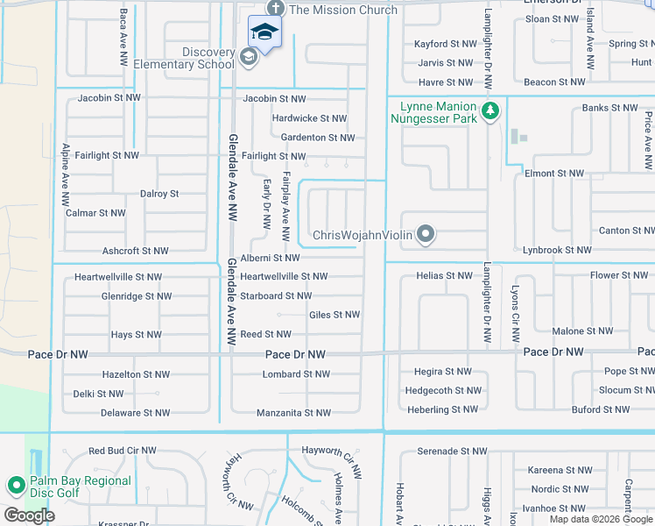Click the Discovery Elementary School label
(x=208, y=58)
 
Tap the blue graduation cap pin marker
(x=264, y=33)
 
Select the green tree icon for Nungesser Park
(x=490, y=110)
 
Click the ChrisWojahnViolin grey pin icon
(x=426, y=233)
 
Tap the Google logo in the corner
(x=29, y=515)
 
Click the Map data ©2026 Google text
(x=601, y=519)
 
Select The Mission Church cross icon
(x=275, y=9)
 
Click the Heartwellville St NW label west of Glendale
(x=118, y=277)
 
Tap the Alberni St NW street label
(x=270, y=258)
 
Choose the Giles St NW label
(x=335, y=315)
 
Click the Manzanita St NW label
(x=293, y=413)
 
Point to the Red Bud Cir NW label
(x=122, y=451)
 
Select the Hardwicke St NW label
(x=309, y=118)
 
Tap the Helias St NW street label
(x=444, y=276)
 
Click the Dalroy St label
(x=159, y=194)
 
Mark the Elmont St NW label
(x=554, y=174)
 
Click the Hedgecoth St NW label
(x=443, y=390)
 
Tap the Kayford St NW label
(x=445, y=44)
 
